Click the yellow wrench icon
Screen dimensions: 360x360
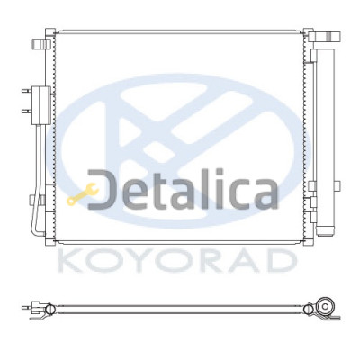tap(83, 194)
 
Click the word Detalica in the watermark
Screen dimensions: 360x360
tap(183, 190)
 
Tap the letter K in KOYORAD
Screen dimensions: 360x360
tap(69, 261)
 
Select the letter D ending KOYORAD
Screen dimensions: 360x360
tap(281, 261)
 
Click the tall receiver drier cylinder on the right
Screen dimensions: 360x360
tap(325, 141)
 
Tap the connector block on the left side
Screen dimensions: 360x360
tap(41, 105)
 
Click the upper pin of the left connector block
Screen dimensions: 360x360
tap(27, 90)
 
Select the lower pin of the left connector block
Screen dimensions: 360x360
tap(27, 112)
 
